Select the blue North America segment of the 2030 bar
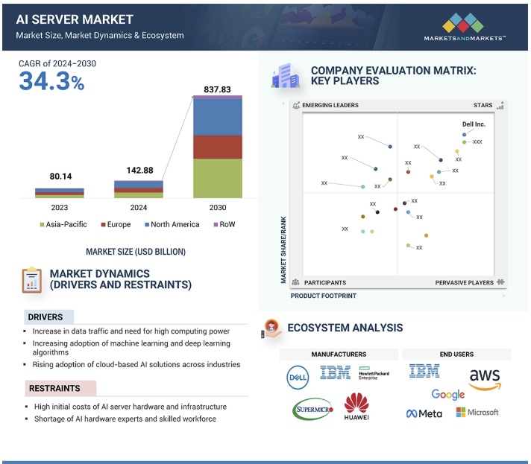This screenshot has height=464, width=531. [x=217, y=117]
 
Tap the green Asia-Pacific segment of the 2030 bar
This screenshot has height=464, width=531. [x=217, y=178]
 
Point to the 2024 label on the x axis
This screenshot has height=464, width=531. [x=138, y=207]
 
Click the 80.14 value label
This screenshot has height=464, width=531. [x=59, y=177]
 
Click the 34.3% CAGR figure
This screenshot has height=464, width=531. [x=51, y=81]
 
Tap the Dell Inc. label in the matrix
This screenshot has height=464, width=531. [x=474, y=124]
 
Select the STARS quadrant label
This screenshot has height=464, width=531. [x=483, y=106]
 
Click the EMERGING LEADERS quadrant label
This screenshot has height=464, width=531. [x=330, y=106]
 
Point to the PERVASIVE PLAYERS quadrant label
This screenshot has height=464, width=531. [x=465, y=283]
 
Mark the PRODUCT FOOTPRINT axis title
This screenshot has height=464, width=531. [x=323, y=296]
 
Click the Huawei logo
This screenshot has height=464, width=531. [x=356, y=407]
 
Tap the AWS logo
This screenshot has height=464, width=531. [x=484, y=378]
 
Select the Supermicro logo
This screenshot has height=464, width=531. [x=312, y=408]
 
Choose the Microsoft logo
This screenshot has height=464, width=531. [x=477, y=412]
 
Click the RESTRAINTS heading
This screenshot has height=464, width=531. [x=54, y=388]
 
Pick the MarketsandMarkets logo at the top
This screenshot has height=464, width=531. [x=464, y=28]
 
